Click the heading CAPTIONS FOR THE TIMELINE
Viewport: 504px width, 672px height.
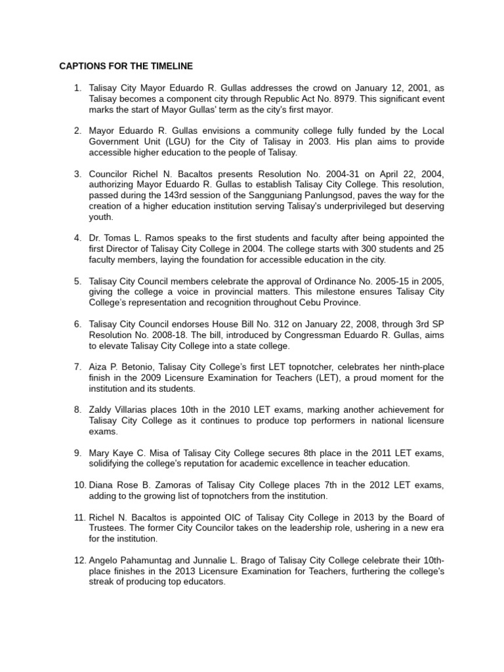coord(126,66)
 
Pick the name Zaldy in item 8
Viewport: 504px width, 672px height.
coord(102,410)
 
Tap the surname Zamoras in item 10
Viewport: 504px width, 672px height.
coord(170,485)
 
